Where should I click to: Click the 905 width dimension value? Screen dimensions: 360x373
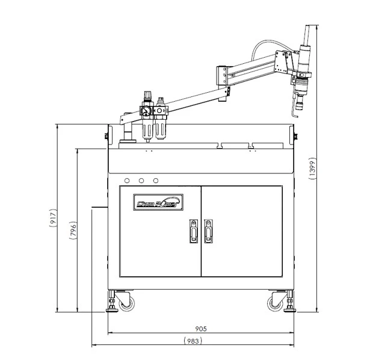pyautogui.click(x=201, y=329)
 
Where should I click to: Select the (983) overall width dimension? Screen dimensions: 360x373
pyautogui.click(x=191, y=341)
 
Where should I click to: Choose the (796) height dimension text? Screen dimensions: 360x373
pyautogui.click(x=73, y=231)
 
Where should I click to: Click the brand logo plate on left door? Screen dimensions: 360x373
pyautogui.click(x=157, y=203)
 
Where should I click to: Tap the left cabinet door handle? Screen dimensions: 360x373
pyautogui.click(x=193, y=231)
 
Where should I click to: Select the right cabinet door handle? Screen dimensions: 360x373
pyautogui.click(x=208, y=231)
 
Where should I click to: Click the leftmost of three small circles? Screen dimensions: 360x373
pyautogui.click(x=127, y=180)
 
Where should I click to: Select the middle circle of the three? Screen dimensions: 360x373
pyautogui.click(x=141, y=180)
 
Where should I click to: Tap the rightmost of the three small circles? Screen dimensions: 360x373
pyautogui.click(x=156, y=180)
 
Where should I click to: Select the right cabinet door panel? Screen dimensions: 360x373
pyautogui.click(x=241, y=231)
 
